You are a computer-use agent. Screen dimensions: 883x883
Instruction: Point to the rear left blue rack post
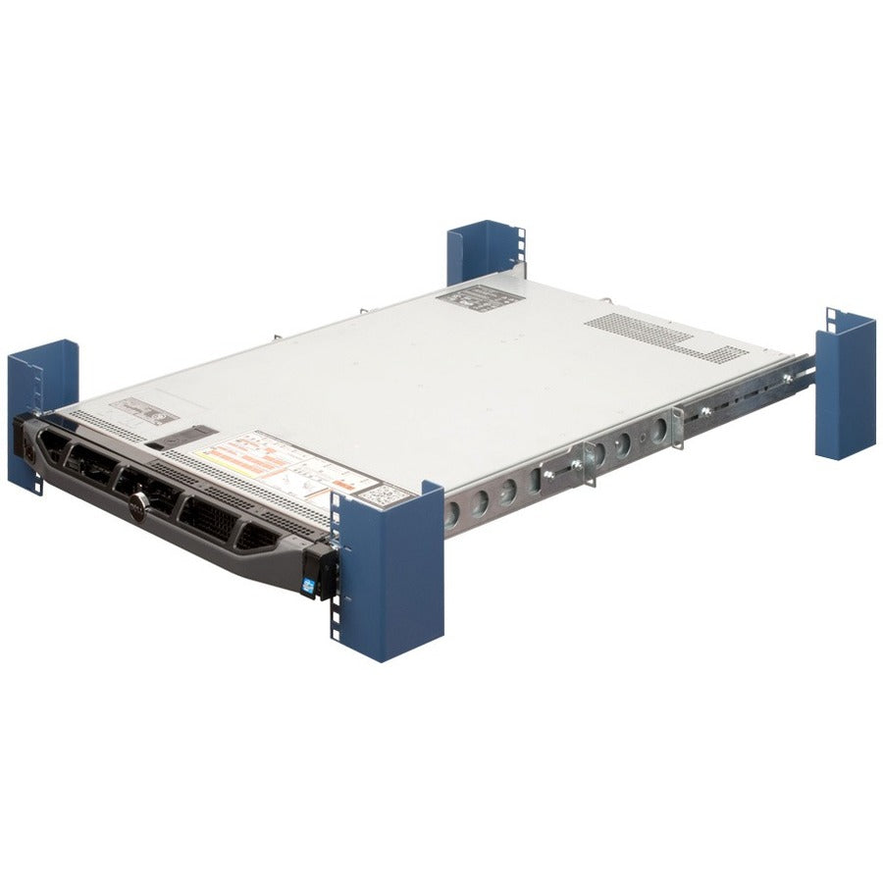point(484,254)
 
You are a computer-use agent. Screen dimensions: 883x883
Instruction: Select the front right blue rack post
point(388,569)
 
